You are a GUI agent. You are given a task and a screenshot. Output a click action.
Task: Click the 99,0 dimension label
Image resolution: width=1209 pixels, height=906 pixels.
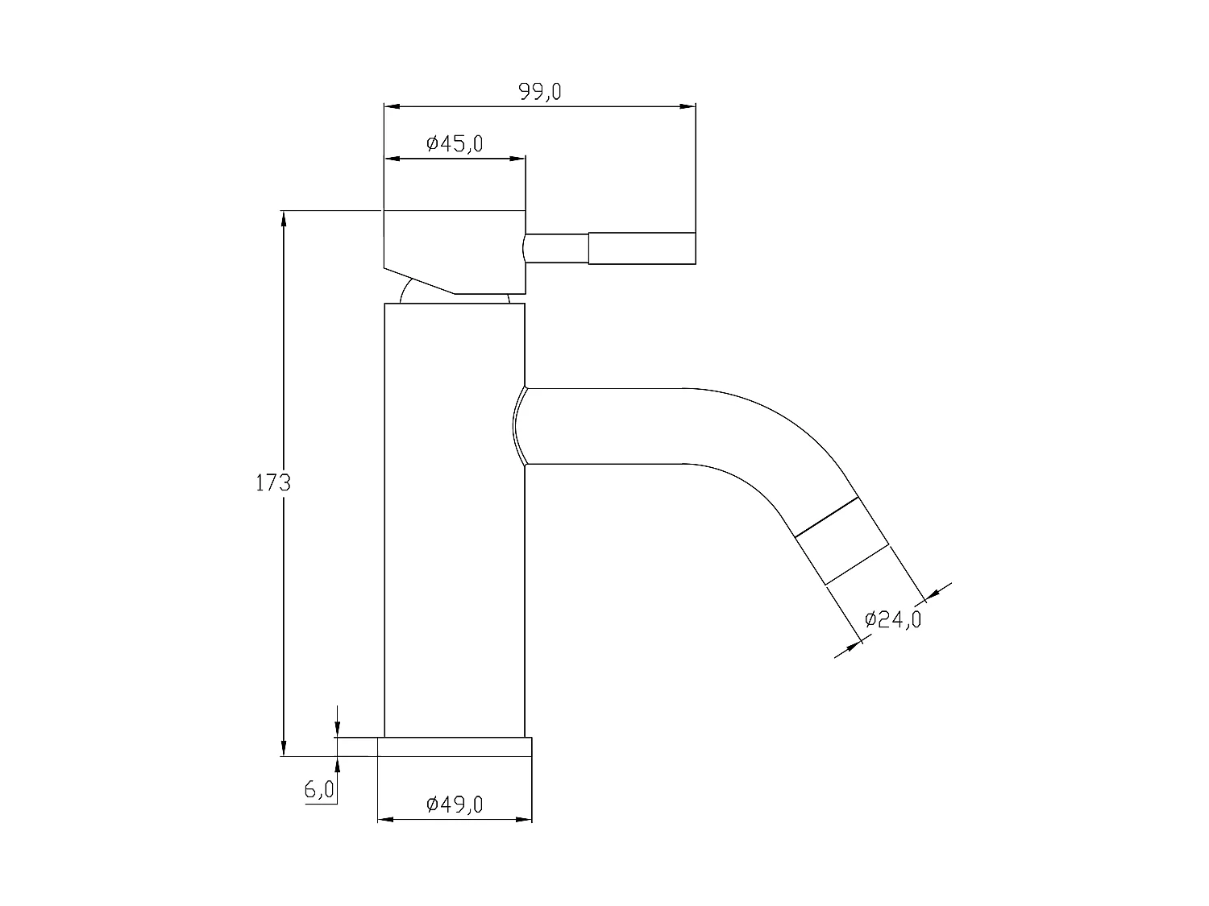[540, 92]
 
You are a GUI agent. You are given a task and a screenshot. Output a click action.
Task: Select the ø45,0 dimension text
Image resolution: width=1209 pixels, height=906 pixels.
[455, 144]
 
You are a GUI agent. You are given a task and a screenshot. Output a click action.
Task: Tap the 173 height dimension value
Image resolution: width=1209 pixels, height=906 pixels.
[272, 483]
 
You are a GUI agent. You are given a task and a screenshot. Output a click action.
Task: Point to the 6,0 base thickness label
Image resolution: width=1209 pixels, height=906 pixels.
[319, 790]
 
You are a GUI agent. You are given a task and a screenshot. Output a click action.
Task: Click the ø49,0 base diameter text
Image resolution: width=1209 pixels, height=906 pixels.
[455, 805]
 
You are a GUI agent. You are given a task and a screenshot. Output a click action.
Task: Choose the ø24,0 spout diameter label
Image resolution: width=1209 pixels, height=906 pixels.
[892, 619]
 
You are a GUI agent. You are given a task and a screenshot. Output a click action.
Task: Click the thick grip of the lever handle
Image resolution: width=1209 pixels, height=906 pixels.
[642, 248]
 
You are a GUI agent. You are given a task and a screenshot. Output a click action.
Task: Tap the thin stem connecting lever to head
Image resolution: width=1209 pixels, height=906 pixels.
[556, 248]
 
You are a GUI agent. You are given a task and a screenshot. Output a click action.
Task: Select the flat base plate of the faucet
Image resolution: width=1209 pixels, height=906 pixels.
[455, 747]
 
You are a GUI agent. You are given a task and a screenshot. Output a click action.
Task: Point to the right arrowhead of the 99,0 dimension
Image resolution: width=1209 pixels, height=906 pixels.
[688, 105]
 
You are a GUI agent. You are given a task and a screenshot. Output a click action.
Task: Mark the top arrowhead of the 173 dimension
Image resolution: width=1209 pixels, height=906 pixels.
[283, 219]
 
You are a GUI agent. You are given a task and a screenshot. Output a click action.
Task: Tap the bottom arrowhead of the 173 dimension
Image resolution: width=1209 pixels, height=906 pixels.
[283, 748]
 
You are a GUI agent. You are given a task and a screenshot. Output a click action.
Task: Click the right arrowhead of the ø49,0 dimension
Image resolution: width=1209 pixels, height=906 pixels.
[525, 820]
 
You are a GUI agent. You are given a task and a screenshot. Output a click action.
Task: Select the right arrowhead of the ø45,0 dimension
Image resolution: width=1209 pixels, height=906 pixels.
[518, 159]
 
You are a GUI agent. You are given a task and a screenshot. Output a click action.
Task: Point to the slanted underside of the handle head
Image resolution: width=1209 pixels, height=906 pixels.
[419, 280]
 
